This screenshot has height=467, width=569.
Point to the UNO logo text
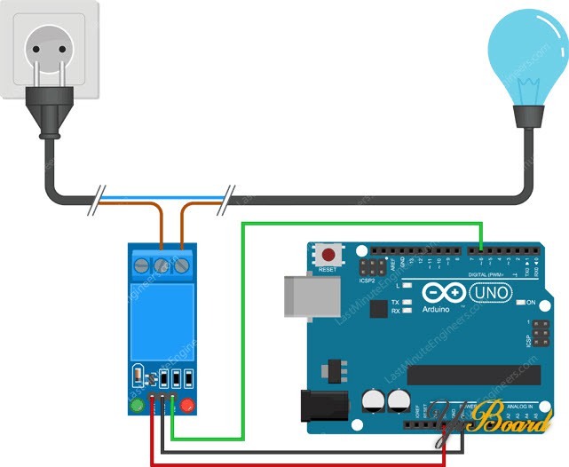tap(486, 292)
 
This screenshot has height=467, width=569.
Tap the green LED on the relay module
tap(138, 407)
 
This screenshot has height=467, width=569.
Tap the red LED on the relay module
tap(187, 407)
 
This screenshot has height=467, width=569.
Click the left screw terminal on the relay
tap(142, 265)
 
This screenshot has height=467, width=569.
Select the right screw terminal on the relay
tap(183, 265)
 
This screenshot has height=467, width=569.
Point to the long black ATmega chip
tap(471, 372)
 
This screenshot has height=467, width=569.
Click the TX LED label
tap(395, 303)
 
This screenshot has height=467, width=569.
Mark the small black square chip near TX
tap(378, 309)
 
